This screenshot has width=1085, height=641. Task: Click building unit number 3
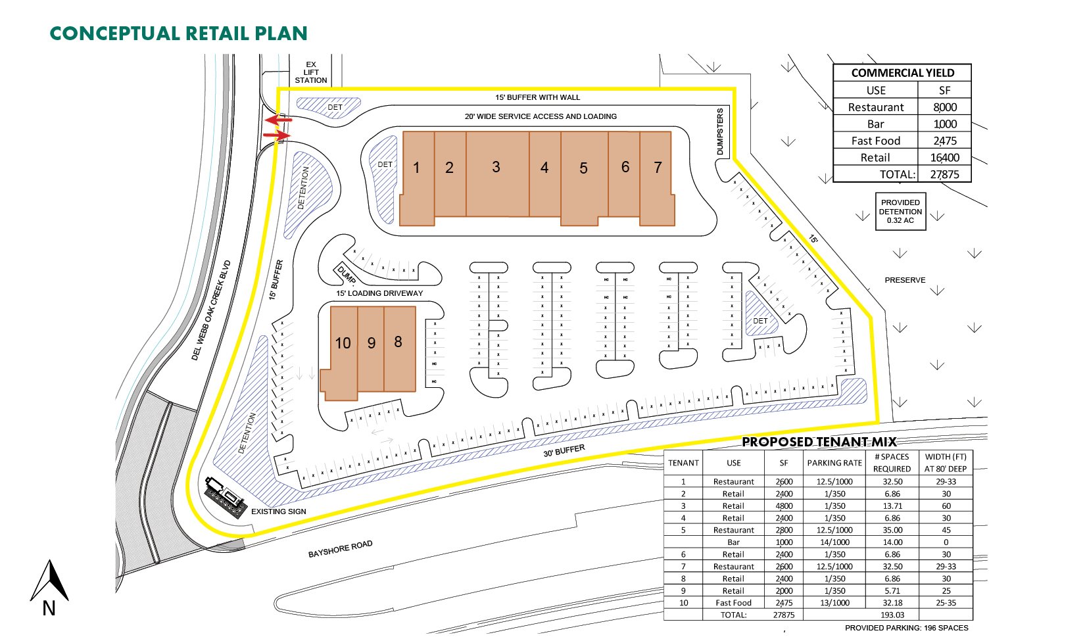tap(497, 174)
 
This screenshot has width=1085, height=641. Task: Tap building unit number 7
tap(658, 178)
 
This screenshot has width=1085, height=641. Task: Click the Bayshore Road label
tap(340, 548)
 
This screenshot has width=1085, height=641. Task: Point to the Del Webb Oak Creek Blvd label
tap(211, 310)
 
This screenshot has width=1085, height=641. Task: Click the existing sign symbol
tap(226, 497)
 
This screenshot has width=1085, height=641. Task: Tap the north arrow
tap(49, 581)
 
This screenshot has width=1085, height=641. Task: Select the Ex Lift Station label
tap(311, 72)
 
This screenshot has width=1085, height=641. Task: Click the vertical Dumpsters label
tap(720, 131)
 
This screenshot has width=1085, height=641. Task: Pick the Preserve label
tap(905, 280)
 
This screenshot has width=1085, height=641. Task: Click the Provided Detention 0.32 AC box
tap(900, 212)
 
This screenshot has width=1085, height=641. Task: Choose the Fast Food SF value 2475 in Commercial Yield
tap(944, 141)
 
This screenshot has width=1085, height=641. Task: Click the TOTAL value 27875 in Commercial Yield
tap(944, 174)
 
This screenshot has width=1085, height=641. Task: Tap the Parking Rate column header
tap(834, 463)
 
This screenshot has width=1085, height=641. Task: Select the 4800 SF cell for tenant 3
tap(784, 506)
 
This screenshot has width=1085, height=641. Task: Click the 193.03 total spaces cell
tap(892, 615)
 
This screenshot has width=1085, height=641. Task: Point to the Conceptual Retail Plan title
tap(179, 34)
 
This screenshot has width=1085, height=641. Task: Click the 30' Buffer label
tap(564, 451)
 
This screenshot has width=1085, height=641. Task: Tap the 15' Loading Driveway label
tap(379, 293)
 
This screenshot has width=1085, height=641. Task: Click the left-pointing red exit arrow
tap(279, 119)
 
